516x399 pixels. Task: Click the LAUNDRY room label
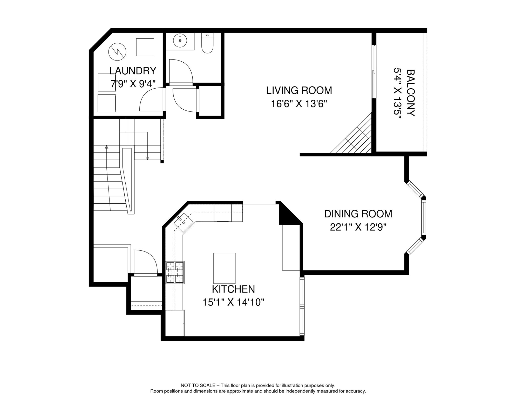click(133, 71)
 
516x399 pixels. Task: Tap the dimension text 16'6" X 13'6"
click(299, 104)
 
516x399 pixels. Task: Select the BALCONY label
click(410, 93)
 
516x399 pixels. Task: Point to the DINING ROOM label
click(358, 214)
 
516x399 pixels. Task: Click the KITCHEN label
click(233, 289)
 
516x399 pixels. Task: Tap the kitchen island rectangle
click(224, 268)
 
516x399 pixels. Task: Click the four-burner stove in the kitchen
click(175, 272)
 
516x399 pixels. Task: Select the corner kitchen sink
click(183, 222)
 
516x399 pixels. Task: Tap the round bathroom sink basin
click(180, 41)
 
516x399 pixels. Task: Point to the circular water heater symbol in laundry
click(117, 52)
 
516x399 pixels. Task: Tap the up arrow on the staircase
click(106, 147)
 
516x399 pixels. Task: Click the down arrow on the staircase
click(147, 158)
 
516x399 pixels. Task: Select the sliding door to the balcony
click(374, 72)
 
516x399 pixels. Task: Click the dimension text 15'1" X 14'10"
click(233, 302)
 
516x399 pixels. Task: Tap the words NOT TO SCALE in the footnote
click(198, 385)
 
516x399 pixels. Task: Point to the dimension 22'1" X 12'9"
click(358, 227)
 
